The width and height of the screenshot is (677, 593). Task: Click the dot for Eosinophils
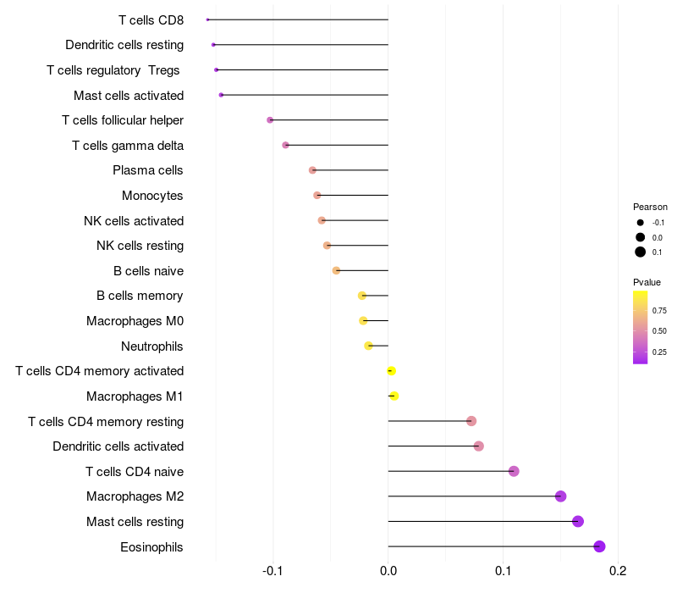tap(599, 546)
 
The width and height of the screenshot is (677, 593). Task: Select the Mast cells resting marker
tap(578, 521)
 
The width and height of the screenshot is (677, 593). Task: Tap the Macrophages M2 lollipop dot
tap(560, 496)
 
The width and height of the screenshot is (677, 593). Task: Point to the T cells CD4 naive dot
tap(514, 471)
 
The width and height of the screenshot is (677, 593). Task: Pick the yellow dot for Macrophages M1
tap(394, 396)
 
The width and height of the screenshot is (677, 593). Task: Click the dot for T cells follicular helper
tap(270, 120)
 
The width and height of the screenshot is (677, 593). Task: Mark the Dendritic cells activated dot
tap(479, 446)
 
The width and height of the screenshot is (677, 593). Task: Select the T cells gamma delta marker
tap(285, 145)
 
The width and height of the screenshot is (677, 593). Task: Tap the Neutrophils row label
tap(151, 346)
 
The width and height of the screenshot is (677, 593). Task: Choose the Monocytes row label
tap(152, 196)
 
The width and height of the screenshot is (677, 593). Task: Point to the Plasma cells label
tap(147, 170)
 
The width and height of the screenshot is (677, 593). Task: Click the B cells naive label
tap(148, 271)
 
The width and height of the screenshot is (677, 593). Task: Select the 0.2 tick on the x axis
tap(618, 571)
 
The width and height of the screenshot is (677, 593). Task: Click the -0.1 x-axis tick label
tap(272, 571)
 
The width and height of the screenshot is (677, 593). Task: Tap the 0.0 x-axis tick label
tap(388, 571)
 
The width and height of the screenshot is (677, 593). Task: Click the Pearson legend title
tap(650, 207)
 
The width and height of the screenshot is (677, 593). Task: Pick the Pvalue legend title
tap(647, 282)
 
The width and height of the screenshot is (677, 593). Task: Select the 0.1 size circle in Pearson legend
tap(641, 252)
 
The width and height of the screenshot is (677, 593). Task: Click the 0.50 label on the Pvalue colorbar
tap(659, 330)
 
